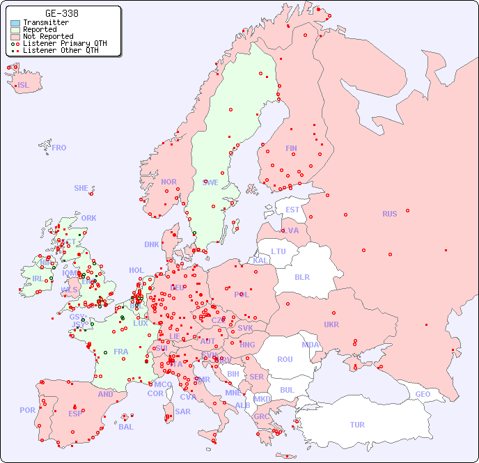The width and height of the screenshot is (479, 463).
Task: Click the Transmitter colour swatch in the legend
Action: (x=15, y=23)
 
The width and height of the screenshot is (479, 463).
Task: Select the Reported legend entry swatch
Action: (x=15, y=30)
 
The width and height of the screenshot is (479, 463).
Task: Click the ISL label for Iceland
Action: (x=23, y=86)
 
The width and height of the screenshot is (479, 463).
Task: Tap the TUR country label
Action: (x=357, y=425)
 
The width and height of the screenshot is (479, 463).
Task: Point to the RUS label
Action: (x=389, y=214)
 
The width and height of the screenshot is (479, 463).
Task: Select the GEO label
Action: (x=423, y=394)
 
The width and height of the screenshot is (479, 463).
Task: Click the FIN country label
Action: (x=291, y=148)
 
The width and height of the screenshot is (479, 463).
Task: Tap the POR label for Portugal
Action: (x=27, y=410)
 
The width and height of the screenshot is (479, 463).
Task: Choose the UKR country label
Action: (x=331, y=324)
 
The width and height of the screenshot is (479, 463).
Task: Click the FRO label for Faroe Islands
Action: (x=59, y=148)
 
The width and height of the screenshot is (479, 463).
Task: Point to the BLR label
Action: (x=301, y=276)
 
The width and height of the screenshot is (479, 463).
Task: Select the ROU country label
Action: (x=285, y=359)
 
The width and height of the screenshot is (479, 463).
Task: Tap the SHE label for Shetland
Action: (x=81, y=188)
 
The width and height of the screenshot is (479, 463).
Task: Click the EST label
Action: (x=292, y=210)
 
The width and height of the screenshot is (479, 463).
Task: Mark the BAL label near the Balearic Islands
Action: (x=125, y=427)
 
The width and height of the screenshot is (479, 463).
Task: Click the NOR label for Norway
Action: (x=168, y=182)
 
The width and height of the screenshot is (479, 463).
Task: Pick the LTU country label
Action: (x=278, y=251)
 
